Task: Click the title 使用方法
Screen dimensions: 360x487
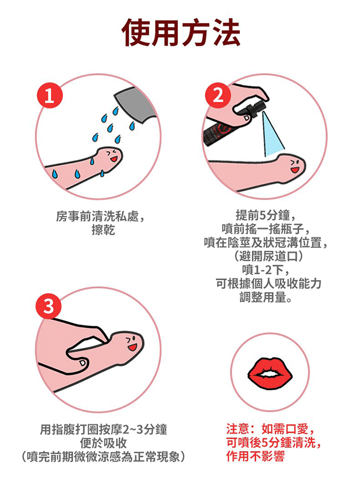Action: [181, 33]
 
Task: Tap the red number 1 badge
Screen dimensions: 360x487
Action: [50, 95]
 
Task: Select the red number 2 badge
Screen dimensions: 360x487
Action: [218, 95]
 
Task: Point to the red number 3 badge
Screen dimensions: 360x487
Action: [49, 306]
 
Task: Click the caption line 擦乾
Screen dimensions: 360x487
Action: [103, 230]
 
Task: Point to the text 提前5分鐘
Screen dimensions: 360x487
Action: [263, 215]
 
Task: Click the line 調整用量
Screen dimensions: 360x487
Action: [266, 298]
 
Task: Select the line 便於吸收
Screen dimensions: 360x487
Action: [103, 443]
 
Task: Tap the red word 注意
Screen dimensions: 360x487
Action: [238, 429]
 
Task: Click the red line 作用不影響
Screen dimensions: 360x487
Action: [255, 456]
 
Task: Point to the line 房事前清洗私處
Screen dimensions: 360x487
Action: [97, 216]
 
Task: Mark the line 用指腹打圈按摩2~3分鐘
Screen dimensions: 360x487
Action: [104, 429]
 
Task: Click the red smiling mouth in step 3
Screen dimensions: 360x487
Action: [133, 347]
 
